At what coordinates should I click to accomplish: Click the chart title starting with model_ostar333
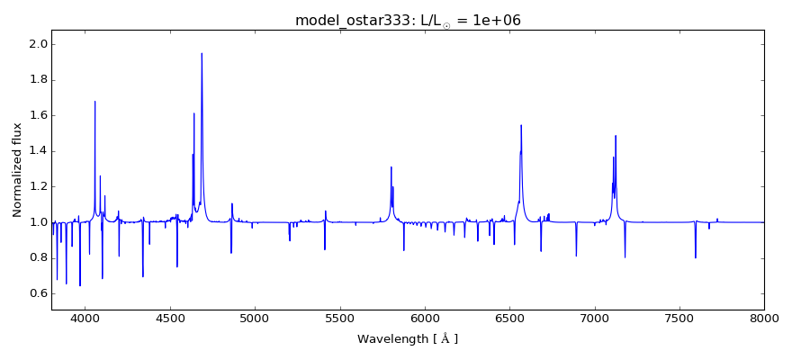tap(408, 21)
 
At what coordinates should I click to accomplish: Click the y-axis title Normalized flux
tap(17, 170)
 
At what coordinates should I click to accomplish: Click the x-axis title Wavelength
tap(408, 339)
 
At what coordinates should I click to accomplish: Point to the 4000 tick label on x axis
tap(85, 319)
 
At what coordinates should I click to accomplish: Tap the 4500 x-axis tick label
tap(170, 319)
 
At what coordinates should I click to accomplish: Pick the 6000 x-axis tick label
tap(425, 319)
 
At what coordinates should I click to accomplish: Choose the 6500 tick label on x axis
tap(509, 319)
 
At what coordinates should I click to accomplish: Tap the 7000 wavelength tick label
tap(594, 319)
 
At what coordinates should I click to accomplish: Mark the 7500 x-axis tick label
tap(679, 319)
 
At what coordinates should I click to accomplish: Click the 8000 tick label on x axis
tap(764, 319)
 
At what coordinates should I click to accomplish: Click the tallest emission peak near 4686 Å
tap(202, 53)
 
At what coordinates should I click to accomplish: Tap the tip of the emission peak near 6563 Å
tap(521, 125)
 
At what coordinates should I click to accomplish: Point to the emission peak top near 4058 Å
tap(94, 101)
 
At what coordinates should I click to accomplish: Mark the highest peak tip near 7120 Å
tap(616, 136)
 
